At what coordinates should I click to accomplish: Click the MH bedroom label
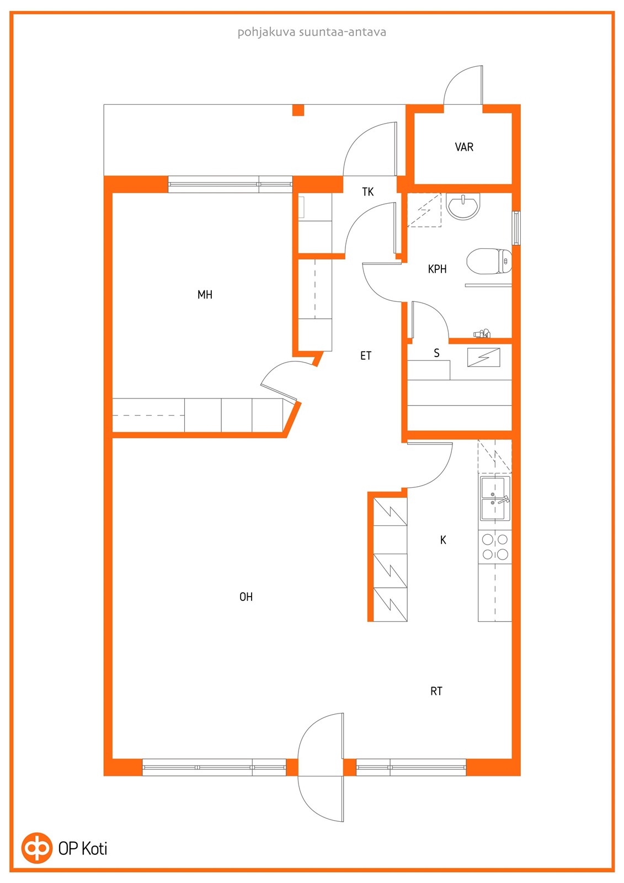click(x=205, y=295)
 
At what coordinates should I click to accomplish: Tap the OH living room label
click(x=246, y=597)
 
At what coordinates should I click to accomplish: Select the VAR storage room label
click(x=464, y=147)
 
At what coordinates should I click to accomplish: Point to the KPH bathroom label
click(x=437, y=269)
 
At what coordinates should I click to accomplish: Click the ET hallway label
click(x=365, y=355)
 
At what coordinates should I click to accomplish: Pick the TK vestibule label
click(x=368, y=192)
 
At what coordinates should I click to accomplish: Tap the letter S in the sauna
click(x=436, y=353)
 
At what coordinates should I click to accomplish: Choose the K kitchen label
click(x=443, y=540)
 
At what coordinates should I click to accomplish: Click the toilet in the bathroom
click(x=489, y=261)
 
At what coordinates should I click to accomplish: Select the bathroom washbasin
click(x=463, y=205)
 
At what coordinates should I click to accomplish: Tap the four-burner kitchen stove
click(x=495, y=547)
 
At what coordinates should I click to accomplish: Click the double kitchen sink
click(x=495, y=498)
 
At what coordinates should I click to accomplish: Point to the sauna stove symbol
click(x=483, y=358)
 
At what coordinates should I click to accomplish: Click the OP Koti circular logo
click(x=36, y=848)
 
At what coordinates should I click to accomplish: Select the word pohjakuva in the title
click(x=266, y=33)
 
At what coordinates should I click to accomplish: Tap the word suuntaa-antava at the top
click(x=342, y=32)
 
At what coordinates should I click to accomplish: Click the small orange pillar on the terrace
click(x=298, y=110)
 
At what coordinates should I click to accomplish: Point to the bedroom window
click(x=230, y=184)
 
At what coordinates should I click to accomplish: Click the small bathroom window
click(x=516, y=228)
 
